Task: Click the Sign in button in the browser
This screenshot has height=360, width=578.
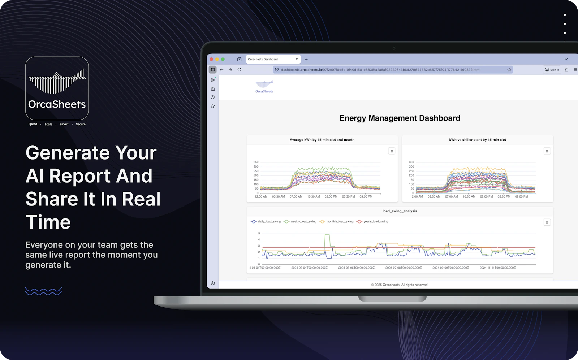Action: click(x=552, y=70)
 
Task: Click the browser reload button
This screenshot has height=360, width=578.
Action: click(x=239, y=70)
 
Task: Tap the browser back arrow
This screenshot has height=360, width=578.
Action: click(x=221, y=70)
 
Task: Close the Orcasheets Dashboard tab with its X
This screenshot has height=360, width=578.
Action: click(x=297, y=59)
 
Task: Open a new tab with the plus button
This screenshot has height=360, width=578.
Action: click(x=306, y=59)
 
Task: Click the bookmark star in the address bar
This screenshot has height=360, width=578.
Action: click(x=509, y=70)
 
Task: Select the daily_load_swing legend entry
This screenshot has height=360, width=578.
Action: click(x=266, y=222)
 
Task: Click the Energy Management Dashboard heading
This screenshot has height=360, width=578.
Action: click(x=400, y=118)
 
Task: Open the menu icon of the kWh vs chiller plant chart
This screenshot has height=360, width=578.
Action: click(x=547, y=151)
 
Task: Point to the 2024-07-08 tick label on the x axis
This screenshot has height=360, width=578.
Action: click(x=403, y=268)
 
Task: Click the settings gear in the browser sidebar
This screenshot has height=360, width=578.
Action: click(x=213, y=283)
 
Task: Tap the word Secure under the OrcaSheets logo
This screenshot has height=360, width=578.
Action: click(x=81, y=124)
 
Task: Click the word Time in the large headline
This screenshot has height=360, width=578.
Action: click(x=48, y=222)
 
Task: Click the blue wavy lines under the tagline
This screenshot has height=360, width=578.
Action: click(x=43, y=291)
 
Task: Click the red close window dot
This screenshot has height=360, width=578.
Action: click(x=211, y=59)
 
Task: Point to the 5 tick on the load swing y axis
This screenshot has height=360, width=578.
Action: click(x=259, y=234)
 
